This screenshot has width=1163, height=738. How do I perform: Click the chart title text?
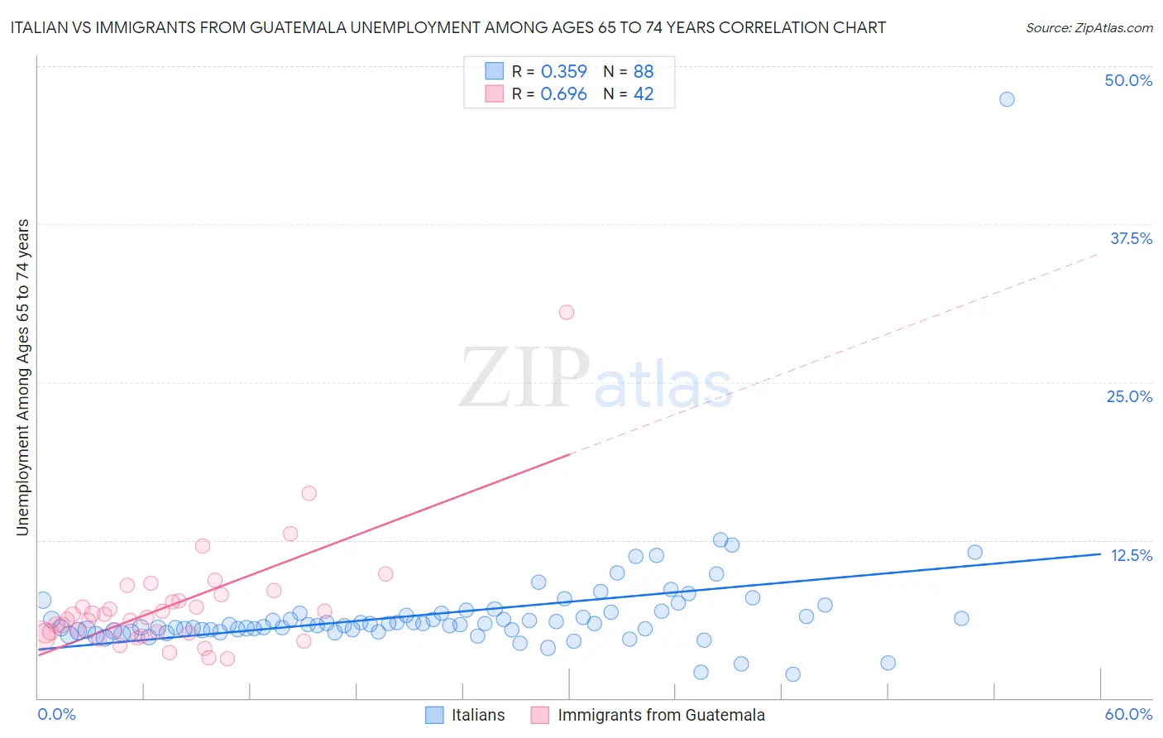pyautogui.click(x=447, y=27)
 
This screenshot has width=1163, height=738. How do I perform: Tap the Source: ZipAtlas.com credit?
pyautogui.click(x=1089, y=27)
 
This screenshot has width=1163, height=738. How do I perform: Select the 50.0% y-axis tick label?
pyautogui.click(x=1128, y=80)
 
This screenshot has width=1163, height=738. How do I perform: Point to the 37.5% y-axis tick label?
pyautogui.click(x=1131, y=238)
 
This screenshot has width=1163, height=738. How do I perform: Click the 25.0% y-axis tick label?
pyautogui.click(x=1129, y=396)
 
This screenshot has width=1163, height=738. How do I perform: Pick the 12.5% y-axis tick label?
pyautogui.click(x=1131, y=555)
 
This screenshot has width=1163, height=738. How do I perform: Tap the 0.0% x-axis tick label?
pyautogui.click(x=56, y=714)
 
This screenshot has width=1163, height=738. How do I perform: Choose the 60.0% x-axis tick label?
pyautogui.click(x=1128, y=714)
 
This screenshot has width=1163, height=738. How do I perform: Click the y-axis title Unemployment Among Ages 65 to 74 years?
pyautogui.click(x=22, y=377)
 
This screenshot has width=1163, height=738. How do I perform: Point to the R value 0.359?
pyautogui.click(x=563, y=71)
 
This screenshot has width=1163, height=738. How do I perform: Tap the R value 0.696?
pyautogui.click(x=563, y=94)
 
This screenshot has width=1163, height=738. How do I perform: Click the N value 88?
pyautogui.click(x=644, y=71)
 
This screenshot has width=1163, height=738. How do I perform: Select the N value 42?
pyautogui.click(x=644, y=94)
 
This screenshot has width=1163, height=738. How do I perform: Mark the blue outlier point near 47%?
pyautogui.click(x=1007, y=99)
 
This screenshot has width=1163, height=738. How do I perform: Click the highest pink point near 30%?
pyautogui.click(x=567, y=312)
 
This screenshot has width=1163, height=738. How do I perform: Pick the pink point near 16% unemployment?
pyautogui.click(x=309, y=493)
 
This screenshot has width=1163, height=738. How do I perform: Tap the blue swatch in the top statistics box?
pyautogui.click(x=494, y=71)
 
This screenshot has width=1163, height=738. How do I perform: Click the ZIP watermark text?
pyautogui.click(x=524, y=379)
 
